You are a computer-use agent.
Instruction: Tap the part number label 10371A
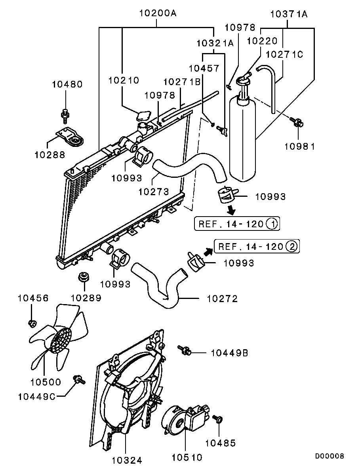coord(289,14)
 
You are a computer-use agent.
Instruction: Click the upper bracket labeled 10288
coord(70,139)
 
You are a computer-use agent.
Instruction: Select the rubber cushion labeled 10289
coord(83,277)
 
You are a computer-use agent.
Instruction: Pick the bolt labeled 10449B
coord(185,350)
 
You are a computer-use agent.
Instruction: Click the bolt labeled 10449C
coord(79,380)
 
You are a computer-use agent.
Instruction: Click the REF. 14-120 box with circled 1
coord(236,225)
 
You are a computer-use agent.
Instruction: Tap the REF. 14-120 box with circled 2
coord(257,247)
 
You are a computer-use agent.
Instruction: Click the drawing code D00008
coord(330,457)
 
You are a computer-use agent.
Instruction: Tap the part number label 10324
coord(127,460)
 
